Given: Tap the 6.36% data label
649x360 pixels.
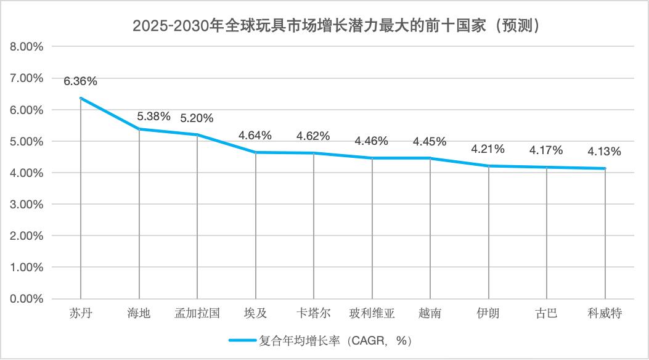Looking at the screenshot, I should [x=80, y=81].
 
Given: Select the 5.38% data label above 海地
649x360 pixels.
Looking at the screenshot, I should [x=153, y=116].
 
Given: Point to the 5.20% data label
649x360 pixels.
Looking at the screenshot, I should [x=197, y=118].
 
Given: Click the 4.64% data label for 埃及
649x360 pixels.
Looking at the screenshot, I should [x=255, y=135].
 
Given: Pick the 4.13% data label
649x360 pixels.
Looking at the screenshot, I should [x=605, y=152].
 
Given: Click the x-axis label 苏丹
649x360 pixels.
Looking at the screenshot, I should [x=81, y=313].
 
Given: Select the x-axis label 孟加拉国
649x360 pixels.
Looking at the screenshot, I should [x=197, y=313].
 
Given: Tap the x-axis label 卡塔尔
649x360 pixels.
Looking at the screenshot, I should [x=314, y=313].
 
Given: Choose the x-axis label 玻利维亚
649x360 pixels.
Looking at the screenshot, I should [x=372, y=313].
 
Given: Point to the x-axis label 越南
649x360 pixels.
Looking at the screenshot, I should [x=430, y=313].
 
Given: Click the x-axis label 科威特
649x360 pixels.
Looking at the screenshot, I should [x=605, y=313].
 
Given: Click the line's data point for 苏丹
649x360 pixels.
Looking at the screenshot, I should [x=81, y=98].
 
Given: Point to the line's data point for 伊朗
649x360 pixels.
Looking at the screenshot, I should [x=488, y=166].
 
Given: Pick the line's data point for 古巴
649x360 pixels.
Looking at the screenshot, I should [x=547, y=167].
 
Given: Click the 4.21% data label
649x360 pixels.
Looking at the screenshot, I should [x=488, y=149].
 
